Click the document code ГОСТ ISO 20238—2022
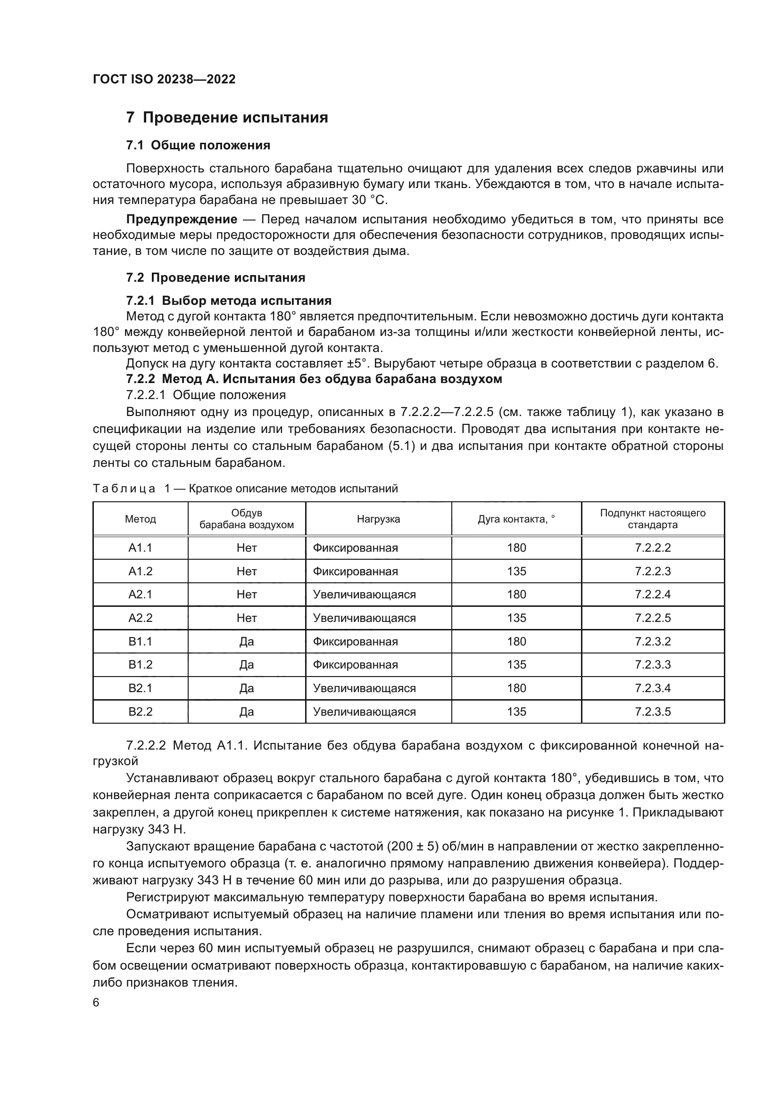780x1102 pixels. point(164,80)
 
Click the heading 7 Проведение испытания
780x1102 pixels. point(227,118)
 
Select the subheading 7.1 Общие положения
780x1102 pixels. point(198,146)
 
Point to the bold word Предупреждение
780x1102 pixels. point(182,220)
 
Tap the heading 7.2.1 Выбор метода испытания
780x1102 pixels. point(229,301)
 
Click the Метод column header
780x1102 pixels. point(140,519)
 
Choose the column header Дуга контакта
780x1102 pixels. point(516,519)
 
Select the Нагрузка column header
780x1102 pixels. point(378,519)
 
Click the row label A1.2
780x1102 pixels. point(140,571)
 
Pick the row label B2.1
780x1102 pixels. point(140,688)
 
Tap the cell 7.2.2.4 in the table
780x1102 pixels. point(652,595)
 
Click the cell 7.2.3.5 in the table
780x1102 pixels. point(652,712)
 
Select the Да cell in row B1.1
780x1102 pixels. point(246,642)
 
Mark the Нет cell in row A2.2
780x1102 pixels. point(246,618)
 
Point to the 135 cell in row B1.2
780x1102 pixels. point(516,665)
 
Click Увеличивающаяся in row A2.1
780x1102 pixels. point(364,595)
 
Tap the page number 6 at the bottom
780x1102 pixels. point(96,1003)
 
